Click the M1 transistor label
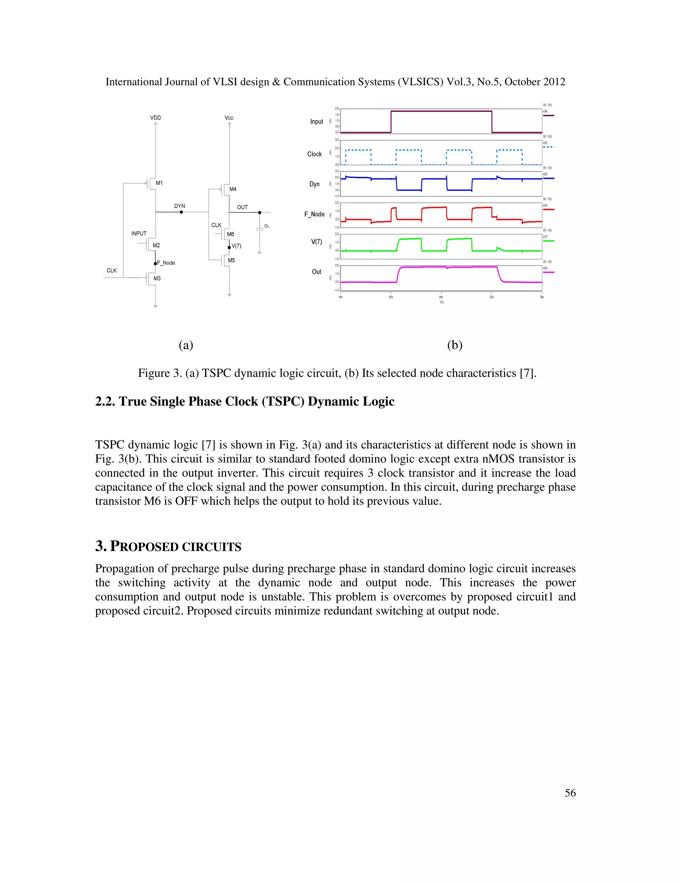pyautogui.click(x=159, y=183)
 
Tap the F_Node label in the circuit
pyautogui.click(x=166, y=263)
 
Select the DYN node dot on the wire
pyautogui.click(x=181, y=212)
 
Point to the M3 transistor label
pyautogui.click(x=157, y=279)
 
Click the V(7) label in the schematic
pyautogui.click(x=236, y=246)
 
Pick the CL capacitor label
pyautogui.click(x=267, y=226)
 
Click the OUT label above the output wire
pyautogui.click(x=242, y=207)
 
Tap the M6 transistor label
pyautogui.click(x=230, y=234)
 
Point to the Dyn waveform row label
pyautogui.click(x=314, y=184)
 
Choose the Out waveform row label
pyautogui.click(x=316, y=272)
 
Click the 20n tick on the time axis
pyautogui.click(x=390, y=297)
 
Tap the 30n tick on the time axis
pyautogui.click(x=491, y=297)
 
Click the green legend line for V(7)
pyautogui.click(x=549, y=241)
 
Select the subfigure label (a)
pyautogui.click(x=186, y=345)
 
